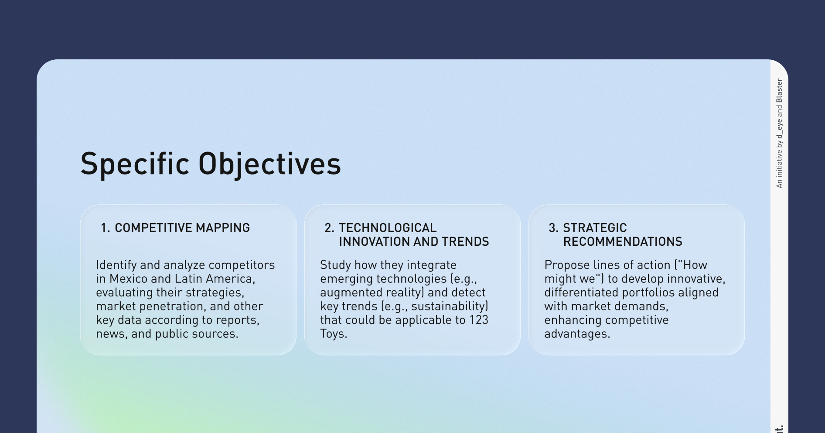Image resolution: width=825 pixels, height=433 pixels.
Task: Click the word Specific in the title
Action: tap(135, 164)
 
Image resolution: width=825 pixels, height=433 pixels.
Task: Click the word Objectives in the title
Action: tap(269, 164)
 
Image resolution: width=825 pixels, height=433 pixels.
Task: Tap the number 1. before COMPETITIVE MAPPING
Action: tap(105, 228)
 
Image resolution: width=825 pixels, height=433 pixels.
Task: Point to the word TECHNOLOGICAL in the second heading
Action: tap(388, 228)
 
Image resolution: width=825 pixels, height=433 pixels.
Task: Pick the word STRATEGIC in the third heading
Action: tap(595, 228)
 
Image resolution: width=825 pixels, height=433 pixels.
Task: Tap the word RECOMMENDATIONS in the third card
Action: tap(623, 241)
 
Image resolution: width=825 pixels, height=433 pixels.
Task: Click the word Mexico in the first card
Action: tap(129, 278)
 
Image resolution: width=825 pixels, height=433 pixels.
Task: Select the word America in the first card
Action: tap(230, 278)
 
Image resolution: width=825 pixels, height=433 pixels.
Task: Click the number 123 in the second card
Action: tap(479, 320)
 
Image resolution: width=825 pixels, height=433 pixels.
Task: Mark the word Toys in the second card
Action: tap(334, 334)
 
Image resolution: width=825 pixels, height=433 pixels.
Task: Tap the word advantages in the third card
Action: tap(577, 334)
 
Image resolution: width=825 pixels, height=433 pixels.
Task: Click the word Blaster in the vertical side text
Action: tap(780, 91)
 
